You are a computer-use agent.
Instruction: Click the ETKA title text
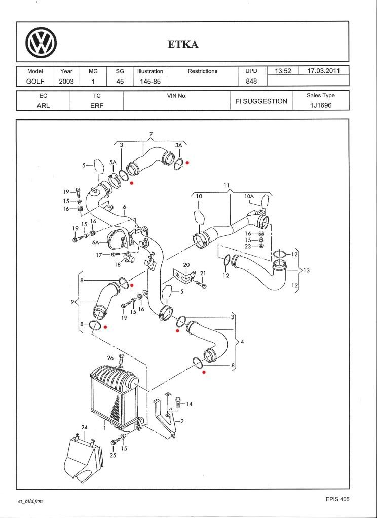[x=183, y=44]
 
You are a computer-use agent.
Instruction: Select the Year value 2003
[x=66, y=81]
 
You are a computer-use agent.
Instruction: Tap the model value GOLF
[x=36, y=81]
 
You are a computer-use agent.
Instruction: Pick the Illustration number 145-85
[x=150, y=81]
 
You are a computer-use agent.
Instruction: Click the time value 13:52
[x=282, y=71]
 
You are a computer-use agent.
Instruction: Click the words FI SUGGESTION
[x=261, y=101]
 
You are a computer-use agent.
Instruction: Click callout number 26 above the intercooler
[x=111, y=358]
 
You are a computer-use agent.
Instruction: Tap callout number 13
[x=306, y=271]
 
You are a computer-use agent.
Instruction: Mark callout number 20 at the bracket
[x=186, y=265]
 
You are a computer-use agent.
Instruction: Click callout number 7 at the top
[x=150, y=134]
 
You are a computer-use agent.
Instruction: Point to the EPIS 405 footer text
[x=337, y=499]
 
